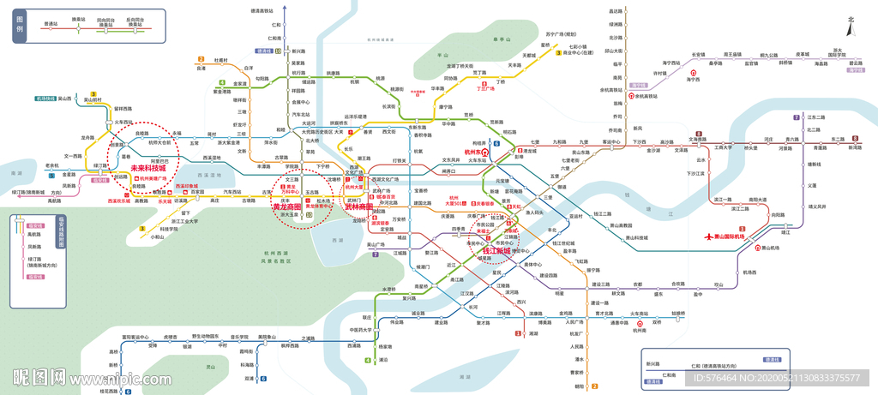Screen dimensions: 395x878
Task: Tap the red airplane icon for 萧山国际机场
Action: tap(707, 236)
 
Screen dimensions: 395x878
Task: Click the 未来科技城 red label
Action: tap(148, 169)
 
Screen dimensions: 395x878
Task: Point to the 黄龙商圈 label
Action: tap(287, 206)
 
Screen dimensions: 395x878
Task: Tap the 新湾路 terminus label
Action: tap(855, 147)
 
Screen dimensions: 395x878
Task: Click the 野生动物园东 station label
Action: tap(207, 337)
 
